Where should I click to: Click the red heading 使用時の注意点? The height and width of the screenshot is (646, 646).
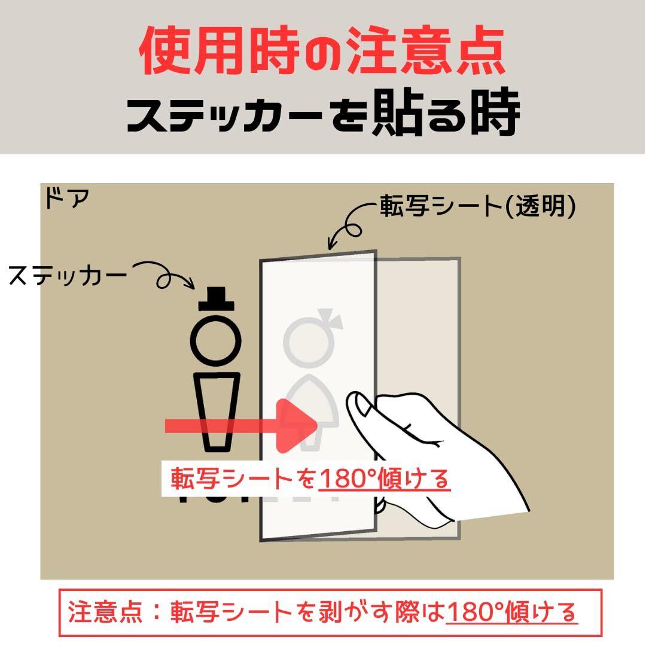pyautogui.click(x=322, y=51)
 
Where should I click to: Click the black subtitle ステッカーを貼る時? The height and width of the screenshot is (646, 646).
pyautogui.click(x=324, y=112)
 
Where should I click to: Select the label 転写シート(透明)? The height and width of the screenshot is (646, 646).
pyautogui.click(x=477, y=206)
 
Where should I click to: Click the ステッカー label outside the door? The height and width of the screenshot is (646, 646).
pyautogui.click(x=68, y=276)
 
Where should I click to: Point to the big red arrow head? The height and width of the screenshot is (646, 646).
pyautogui.click(x=297, y=426)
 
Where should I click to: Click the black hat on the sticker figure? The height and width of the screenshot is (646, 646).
pyautogui.click(x=217, y=299)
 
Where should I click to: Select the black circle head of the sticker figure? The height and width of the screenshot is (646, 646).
pyautogui.click(x=216, y=341)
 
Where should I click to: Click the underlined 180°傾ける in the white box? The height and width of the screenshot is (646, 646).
pyautogui.click(x=385, y=479)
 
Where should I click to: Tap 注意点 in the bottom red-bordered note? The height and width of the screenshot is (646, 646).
pyautogui.click(x=105, y=613)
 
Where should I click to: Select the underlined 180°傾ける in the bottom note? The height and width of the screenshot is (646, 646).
pyautogui.click(x=511, y=613)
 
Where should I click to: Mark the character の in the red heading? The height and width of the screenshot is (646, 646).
pyautogui.click(x=322, y=53)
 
